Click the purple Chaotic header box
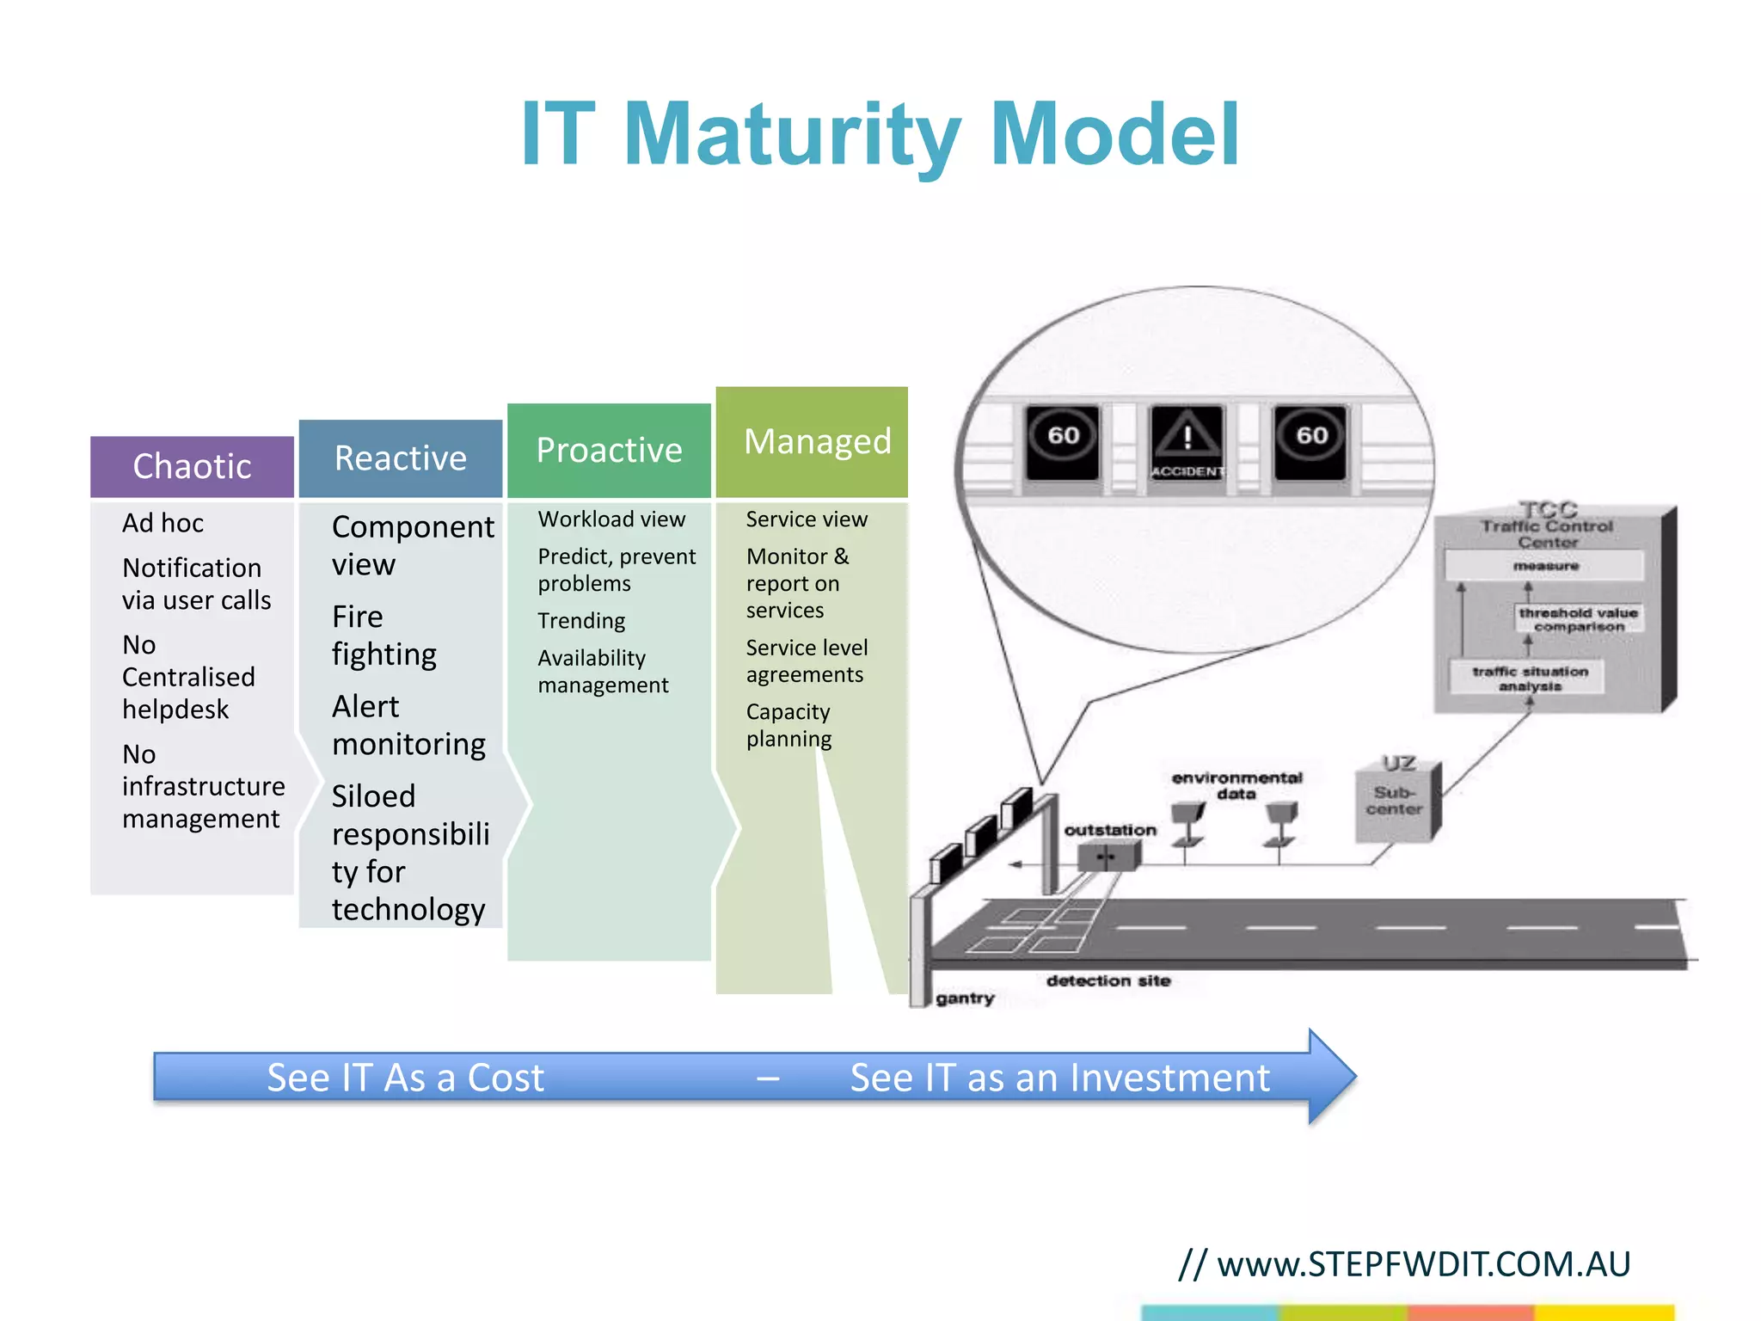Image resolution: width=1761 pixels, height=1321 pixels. click(x=192, y=466)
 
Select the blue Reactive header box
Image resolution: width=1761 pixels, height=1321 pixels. click(x=400, y=458)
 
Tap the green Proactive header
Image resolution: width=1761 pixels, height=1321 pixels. click(x=609, y=450)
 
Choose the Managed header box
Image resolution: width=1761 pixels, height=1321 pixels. click(x=812, y=441)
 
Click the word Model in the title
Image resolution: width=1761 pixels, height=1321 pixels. click(x=1114, y=135)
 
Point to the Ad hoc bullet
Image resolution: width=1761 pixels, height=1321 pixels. click(x=163, y=523)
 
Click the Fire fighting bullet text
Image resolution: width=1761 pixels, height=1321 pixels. click(x=383, y=636)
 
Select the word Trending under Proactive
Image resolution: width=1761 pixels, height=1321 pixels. click(x=581, y=620)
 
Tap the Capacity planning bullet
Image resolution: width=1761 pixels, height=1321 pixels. click(x=788, y=725)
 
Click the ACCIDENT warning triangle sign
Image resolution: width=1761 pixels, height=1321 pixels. click(x=1187, y=441)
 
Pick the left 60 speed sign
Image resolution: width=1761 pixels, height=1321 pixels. click(x=1063, y=440)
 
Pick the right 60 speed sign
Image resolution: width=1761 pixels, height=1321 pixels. click(x=1310, y=440)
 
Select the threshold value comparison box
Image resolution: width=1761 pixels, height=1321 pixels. click(x=1578, y=619)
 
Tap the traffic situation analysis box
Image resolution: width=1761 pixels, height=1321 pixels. click(x=1529, y=678)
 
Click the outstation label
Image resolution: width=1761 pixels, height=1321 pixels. click(x=1109, y=830)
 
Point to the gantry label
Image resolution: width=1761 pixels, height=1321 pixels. click(x=965, y=998)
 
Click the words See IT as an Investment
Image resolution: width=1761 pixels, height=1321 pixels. click(x=1059, y=1078)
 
